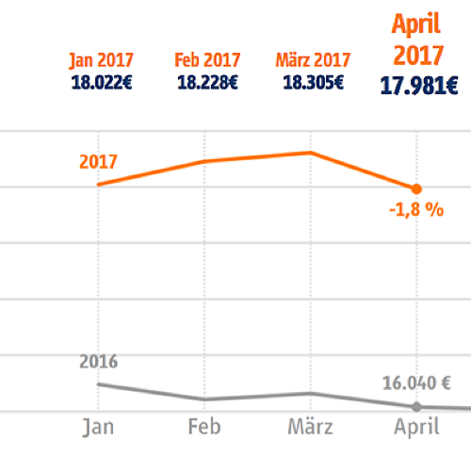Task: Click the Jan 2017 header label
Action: [x=101, y=61]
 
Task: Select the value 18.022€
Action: [x=101, y=82]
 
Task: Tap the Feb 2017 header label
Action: [x=206, y=61]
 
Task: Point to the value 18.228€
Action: [x=206, y=82]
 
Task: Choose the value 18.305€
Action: [x=312, y=82]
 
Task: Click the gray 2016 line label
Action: [x=98, y=361]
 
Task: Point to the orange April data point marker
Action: [x=417, y=188]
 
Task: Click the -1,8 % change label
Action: [x=415, y=210]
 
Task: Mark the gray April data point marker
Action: [x=417, y=407]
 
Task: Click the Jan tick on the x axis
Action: [x=99, y=427]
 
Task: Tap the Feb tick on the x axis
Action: [x=205, y=427]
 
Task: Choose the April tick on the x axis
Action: [x=416, y=427]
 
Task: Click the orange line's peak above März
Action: [x=309, y=152]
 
